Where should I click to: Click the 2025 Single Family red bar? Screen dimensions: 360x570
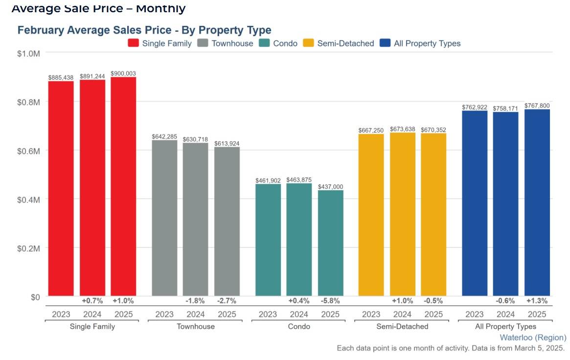pyautogui.click(x=123, y=186)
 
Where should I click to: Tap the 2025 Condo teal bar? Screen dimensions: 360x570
pyautogui.click(x=330, y=243)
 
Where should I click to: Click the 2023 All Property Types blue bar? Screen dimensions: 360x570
pyautogui.click(x=475, y=203)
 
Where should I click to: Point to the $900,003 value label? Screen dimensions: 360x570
pyautogui.click(x=123, y=73)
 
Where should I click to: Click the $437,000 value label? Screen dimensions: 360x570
pyautogui.click(x=330, y=187)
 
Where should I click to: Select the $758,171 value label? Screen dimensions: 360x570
pyautogui.click(x=505, y=109)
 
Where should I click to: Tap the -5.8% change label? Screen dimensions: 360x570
pyautogui.click(x=330, y=301)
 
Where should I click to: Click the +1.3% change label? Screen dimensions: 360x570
pyautogui.click(x=537, y=301)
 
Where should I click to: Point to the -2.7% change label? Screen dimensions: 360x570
pyautogui.click(x=227, y=301)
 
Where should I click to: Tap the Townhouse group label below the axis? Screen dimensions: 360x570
pyautogui.click(x=196, y=326)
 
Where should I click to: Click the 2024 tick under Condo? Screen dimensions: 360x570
pyautogui.click(x=299, y=315)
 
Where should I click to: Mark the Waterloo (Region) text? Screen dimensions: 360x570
pyautogui.click(x=533, y=337)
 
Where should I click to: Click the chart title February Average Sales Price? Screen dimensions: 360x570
pyautogui.click(x=144, y=30)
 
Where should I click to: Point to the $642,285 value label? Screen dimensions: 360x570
pyautogui.click(x=164, y=137)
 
